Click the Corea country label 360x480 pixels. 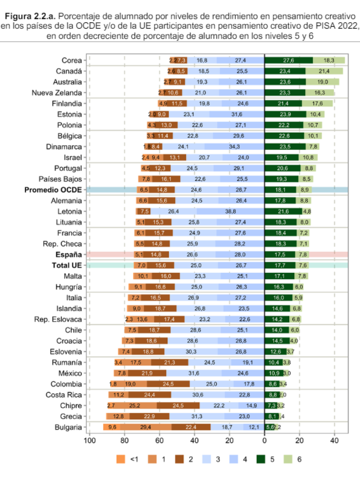(71, 60)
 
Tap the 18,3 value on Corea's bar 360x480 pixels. (329, 60)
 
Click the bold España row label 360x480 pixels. (69, 255)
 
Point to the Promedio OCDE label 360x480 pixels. (53, 190)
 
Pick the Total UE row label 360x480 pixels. (67, 266)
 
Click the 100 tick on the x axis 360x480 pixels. (89, 441)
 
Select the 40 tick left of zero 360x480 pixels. (194, 441)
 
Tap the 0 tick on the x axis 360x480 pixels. (264, 441)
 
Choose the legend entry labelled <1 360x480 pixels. (121, 459)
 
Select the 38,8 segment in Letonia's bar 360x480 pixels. (230, 211)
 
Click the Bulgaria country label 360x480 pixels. (68, 427)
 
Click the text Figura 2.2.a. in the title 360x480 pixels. (30, 16)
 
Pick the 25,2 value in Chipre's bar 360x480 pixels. (135, 405)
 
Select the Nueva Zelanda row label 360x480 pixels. (57, 93)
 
